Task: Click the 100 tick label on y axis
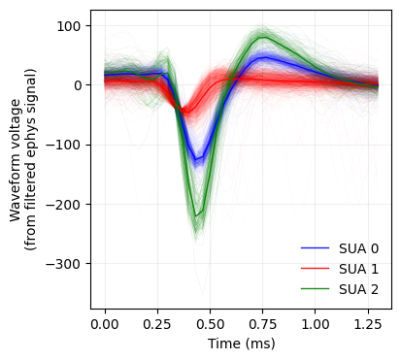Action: click(71, 25)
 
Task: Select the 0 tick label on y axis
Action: click(79, 85)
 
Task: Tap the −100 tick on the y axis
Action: click(67, 145)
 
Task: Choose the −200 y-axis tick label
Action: click(67, 205)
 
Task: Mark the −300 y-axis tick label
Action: click(67, 264)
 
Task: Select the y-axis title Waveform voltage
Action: click(17, 159)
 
